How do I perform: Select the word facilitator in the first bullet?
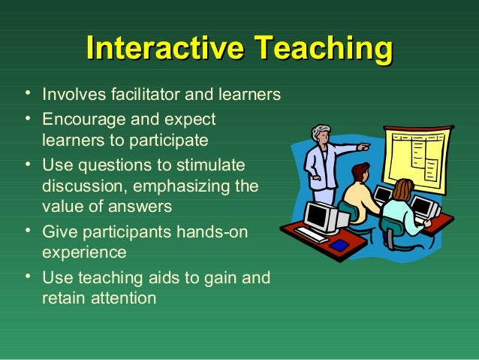[134, 95]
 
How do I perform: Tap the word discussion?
[81, 185]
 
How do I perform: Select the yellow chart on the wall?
[417, 156]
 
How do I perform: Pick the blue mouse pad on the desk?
[340, 245]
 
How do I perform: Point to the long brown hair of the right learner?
[403, 192]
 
